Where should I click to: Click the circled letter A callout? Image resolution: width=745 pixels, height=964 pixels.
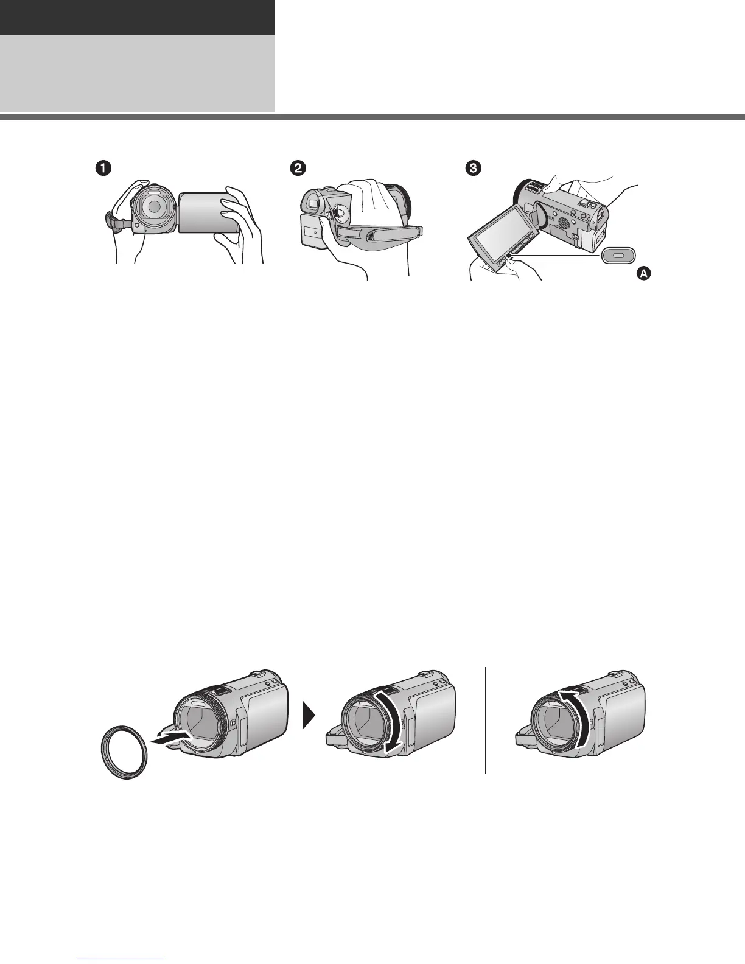coord(643,274)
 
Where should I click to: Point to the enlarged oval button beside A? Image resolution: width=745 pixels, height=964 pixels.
coord(618,256)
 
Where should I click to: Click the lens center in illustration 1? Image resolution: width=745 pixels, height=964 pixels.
coord(155,207)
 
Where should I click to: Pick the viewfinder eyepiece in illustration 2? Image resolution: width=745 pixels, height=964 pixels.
coord(311,199)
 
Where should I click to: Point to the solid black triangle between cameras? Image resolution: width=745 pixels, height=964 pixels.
coord(309,719)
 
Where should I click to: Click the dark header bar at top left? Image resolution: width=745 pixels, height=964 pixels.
coord(137,17)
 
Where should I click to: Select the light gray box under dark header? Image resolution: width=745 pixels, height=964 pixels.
coord(137,73)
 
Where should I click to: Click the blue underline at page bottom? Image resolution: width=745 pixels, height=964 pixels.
coord(122,959)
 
